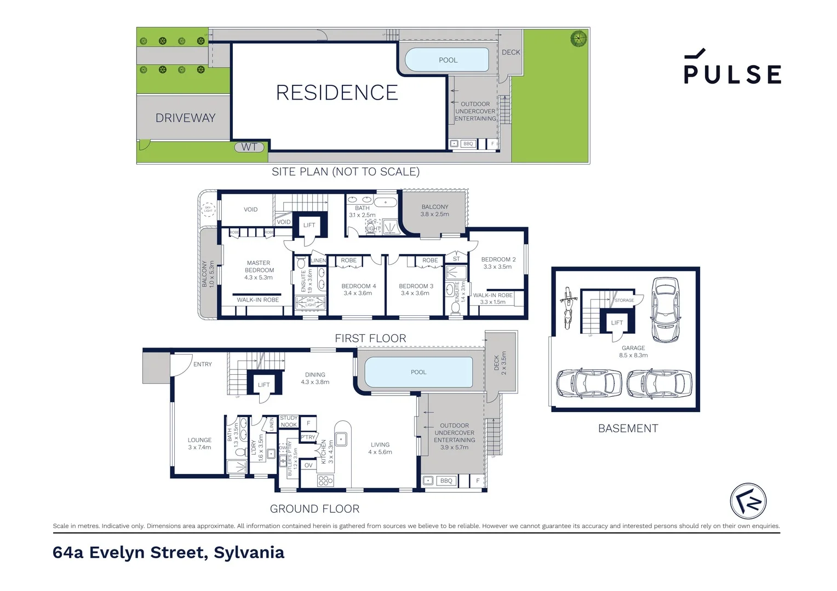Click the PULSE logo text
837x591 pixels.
[732, 74]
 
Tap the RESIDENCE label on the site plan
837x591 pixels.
[337, 92]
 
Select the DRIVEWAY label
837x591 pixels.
[185, 118]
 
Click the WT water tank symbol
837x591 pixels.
[249, 147]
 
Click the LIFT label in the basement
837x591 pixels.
[617, 323]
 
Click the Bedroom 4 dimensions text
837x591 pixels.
[358, 293]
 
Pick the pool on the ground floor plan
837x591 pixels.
[418, 372]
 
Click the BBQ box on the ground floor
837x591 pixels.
[446, 481]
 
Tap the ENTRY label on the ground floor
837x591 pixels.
[202, 364]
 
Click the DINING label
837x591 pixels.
[315, 375]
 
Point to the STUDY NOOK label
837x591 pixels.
[289, 421]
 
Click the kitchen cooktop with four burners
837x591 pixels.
[325, 480]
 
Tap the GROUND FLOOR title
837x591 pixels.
[314, 509]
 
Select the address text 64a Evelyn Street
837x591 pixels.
[168, 553]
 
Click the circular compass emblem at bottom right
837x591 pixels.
[748, 501]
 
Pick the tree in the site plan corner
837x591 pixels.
[578, 38]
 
